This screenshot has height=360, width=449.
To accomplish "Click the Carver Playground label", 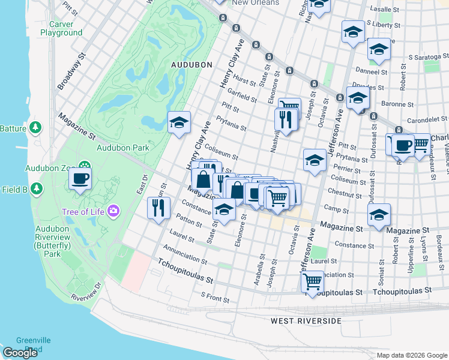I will [61, 28].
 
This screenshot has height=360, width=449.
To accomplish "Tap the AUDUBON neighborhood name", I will [191, 64].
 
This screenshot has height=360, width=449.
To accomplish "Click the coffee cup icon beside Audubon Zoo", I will [80, 178].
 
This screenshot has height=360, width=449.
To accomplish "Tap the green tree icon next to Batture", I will [37, 128].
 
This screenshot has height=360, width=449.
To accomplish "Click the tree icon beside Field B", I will [37, 189].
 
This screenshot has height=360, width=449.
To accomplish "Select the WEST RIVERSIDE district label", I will [306, 321].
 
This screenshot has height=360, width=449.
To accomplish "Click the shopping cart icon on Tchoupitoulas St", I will [313, 281].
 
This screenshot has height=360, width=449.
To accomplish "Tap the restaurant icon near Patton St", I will [158, 208].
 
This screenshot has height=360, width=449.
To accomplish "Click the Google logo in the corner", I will [20, 353].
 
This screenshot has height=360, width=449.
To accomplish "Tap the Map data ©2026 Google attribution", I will [411, 355].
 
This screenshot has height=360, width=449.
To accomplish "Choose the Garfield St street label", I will [242, 95].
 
